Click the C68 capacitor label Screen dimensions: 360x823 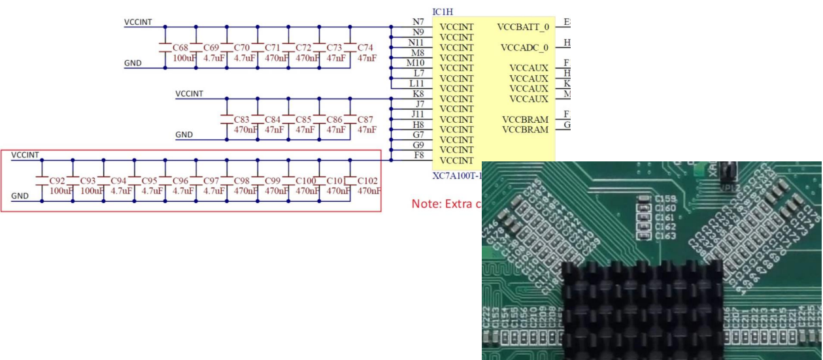point(181,48)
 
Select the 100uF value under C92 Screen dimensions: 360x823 point(61,191)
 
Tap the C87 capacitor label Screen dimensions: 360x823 point(367,120)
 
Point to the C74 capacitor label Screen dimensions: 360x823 point(367,48)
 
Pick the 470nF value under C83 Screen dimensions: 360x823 point(244,130)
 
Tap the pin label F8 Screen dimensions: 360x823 point(418,155)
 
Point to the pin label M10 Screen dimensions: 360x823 point(416,63)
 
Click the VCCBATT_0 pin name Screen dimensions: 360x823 point(523,27)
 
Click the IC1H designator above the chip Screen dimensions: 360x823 point(443,12)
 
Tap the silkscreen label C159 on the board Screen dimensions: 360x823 point(665,199)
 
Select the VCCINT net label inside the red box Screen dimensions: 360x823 point(25,155)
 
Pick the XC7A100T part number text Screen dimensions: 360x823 point(456,176)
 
